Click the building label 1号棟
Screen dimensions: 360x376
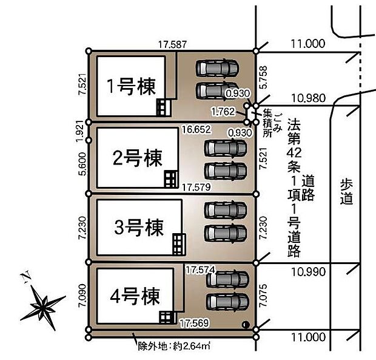[131, 86]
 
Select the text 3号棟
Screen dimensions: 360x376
[139, 228]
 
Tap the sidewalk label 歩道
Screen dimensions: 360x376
[347, 191]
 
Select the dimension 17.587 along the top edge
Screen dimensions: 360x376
[172, 44]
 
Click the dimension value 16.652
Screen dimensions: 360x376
[195, 129]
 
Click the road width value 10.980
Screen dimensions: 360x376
[308, 98]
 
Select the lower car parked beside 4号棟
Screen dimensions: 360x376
[227, 301]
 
